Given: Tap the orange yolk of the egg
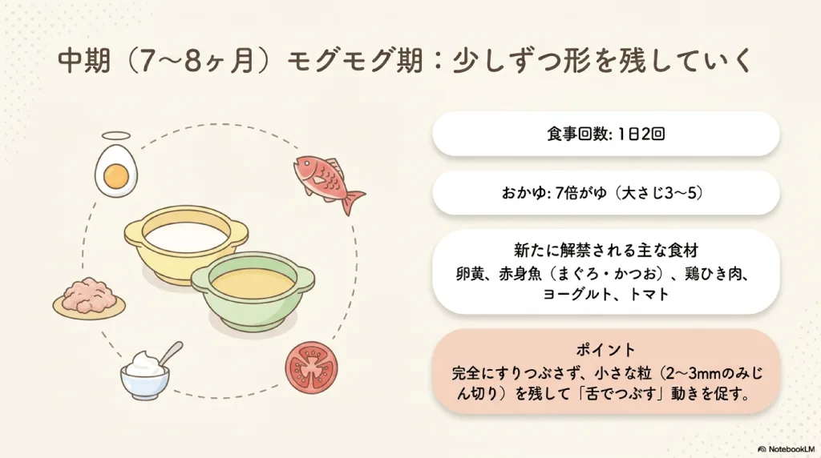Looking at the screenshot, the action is (116, 176).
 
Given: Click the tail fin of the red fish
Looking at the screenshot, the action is (354, 200).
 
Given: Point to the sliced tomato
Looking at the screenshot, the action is (312, 367).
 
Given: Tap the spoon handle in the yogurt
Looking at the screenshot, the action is (172, 353).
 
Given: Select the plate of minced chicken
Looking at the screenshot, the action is (89, 299).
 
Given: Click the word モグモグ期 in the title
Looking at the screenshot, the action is (355, 61).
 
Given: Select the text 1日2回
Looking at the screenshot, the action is (641, 134).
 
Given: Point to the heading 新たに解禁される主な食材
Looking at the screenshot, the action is (606, 250).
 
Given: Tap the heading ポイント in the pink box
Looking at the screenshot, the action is (606, 349).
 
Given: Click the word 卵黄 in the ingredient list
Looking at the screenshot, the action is (469, 274).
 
